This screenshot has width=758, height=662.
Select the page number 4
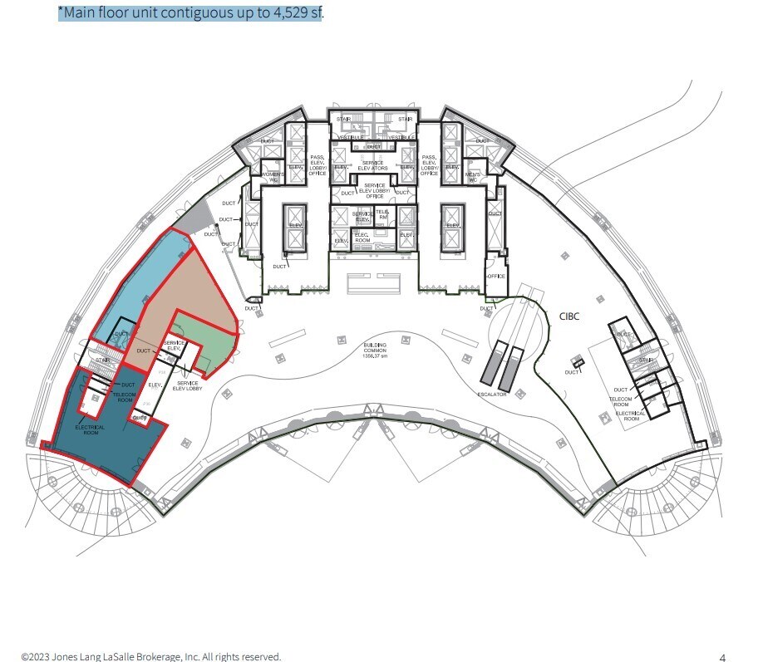(722, 656)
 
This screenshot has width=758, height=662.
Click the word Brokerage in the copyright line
(147, 656)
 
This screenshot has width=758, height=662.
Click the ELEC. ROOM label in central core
(361, 237)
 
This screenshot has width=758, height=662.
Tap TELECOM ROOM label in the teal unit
(125, 396)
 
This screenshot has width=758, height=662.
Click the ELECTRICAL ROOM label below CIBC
(631, 416)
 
